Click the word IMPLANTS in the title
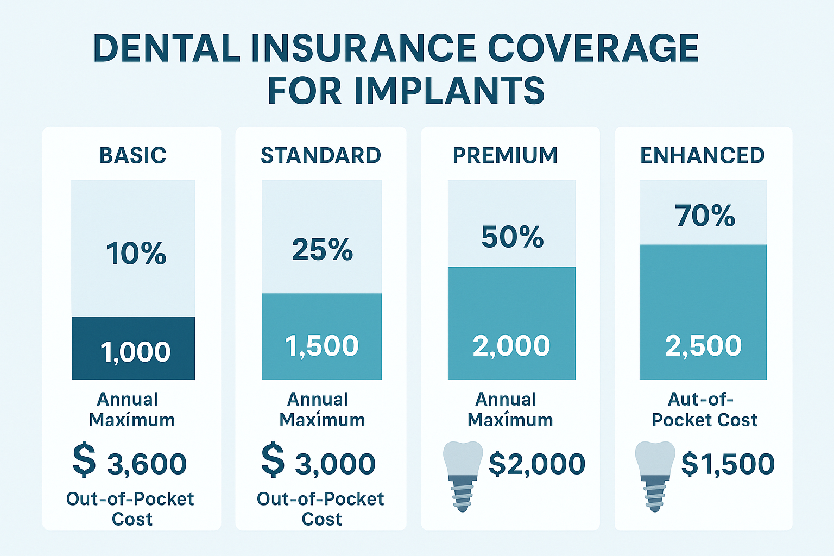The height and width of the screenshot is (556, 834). click(x=449, y=91)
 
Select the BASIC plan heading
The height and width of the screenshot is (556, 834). click(x=132, y=156)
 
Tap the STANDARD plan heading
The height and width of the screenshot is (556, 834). click(x=321, y=156)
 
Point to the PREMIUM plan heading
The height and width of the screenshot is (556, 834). click(x=505, y=156)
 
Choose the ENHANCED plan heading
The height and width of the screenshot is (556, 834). click(x=702, y=156)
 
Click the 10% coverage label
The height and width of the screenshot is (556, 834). click(x=136, y=254)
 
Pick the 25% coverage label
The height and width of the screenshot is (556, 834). click(x=322, y=250)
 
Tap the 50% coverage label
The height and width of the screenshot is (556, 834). click(x=512, y=237)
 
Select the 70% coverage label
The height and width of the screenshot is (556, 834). click(x=705, y=216)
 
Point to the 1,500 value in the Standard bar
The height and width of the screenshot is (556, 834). click(x=321, y=346)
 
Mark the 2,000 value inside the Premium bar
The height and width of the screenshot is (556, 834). click(x=511, y=346)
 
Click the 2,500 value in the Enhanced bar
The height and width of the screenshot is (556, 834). click(x=703, y=346)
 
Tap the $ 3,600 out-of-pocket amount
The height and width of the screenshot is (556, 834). click(x=130, y=463)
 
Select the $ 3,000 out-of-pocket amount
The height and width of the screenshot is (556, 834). click(x=319, y=463)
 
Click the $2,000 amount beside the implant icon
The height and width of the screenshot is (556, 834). click(x=536, y=464)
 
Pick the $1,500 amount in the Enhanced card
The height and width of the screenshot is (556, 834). click(x=728, y=464)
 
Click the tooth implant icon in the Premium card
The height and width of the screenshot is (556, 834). click(x=463, y=475)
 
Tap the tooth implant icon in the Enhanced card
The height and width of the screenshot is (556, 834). click(x=655, y=475)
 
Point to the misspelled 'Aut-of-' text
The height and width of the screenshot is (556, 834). click(x=700, y=400)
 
